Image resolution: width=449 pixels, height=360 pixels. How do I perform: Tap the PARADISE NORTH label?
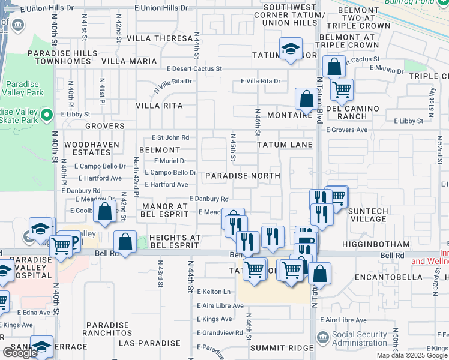[243, 176]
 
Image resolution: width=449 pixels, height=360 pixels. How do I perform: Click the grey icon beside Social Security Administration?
[323, 336]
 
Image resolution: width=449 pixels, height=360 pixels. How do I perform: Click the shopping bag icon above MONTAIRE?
[306, 99]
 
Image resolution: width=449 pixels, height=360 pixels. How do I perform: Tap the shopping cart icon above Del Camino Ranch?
[342, 90]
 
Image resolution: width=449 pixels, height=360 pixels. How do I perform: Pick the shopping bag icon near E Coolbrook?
[105, 211]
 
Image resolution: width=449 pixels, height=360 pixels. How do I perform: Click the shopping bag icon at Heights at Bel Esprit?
[125, 242]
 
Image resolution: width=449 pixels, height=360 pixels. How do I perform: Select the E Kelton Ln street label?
[217, 292]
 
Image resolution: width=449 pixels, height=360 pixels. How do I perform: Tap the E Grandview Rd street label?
[218, 332]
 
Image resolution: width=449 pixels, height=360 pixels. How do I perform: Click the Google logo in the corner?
[20, 353]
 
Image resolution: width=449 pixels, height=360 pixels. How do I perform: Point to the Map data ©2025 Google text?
[411, 355]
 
